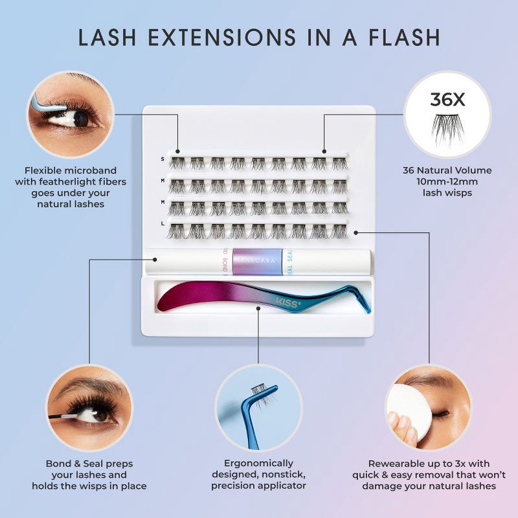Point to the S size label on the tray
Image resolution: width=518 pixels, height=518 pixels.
point(163,159)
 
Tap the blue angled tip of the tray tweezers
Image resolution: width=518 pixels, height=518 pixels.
point(363,304)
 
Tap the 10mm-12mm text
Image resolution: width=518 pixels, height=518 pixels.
point(447,182)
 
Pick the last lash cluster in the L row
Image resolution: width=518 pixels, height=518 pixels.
point(339,231)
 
